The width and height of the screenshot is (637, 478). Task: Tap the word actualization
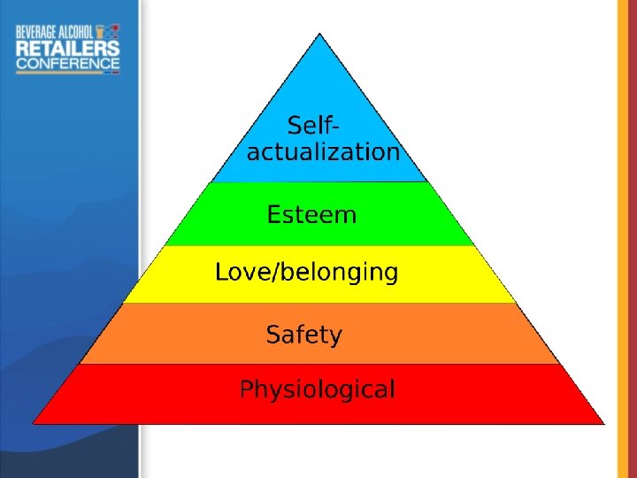(323, 152)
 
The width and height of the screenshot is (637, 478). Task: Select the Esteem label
(311, 215)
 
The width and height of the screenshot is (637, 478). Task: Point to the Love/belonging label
(306, 273)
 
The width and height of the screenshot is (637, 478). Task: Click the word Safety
(303, 335)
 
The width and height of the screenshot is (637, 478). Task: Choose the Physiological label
(318, 389)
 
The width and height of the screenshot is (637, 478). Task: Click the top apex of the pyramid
(319, 34)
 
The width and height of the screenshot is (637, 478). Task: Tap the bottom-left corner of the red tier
(34, 423)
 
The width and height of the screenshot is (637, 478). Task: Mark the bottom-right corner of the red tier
(604, 423)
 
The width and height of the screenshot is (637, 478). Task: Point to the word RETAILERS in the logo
(67, 47)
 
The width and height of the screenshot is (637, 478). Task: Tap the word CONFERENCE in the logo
(67, 63)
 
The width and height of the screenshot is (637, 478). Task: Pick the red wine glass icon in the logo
(114, 31)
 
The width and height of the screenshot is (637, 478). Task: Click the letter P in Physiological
(247, 389)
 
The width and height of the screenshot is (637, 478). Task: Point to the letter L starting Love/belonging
(221, 273)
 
